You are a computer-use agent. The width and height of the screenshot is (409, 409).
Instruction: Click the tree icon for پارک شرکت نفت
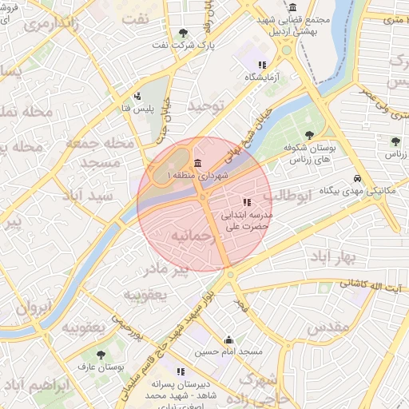[x=184, y=33]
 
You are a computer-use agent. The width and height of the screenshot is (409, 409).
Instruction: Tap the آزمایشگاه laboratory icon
[x=260, y=65]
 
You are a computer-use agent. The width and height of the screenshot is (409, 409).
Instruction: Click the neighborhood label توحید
[x=208, y=105]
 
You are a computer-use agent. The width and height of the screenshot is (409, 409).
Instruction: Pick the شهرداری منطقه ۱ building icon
[x=197, y=164]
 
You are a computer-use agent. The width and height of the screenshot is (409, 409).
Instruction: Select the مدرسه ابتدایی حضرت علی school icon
[x=247, y=203]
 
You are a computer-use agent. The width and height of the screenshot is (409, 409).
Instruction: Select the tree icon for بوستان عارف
[x=100, y=354]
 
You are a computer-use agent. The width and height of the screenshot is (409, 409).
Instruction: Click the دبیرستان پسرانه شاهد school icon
[x=181, y=371]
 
